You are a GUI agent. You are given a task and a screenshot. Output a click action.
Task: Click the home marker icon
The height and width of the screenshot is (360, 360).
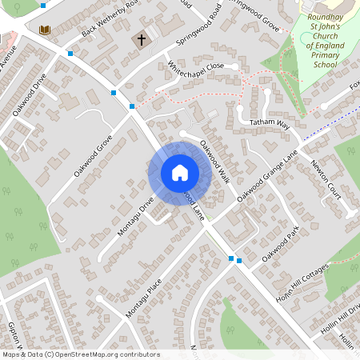pyautogui.click(x=180, y=172)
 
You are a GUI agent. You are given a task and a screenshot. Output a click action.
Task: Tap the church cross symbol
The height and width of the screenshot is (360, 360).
pyautogui.click(x=142, y=39)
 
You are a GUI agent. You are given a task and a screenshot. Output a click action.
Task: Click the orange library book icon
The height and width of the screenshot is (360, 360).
pyautogui.click(x=45, y=30)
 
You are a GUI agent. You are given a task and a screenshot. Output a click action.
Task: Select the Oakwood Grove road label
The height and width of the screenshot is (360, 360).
pyautogui.click(x=93, y=155)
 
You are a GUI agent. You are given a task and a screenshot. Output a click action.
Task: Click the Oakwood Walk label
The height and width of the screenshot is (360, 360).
pyautogui.click(x=215, y=162)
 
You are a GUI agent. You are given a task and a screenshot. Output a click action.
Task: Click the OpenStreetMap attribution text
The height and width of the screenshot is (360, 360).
pyautogui.click(x=81, y=354)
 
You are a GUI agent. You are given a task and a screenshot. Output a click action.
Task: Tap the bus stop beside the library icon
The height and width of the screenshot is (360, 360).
pyautogui.click(x=71, y=53)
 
